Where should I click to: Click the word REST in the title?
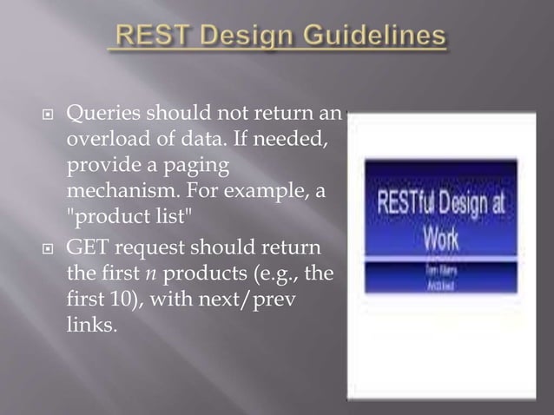pyautogui.click(x=149, y=38)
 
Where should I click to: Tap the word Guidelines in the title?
pyautogui.click(x=378, y=38)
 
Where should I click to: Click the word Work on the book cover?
pyautogui.click(x=441, y=235)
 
